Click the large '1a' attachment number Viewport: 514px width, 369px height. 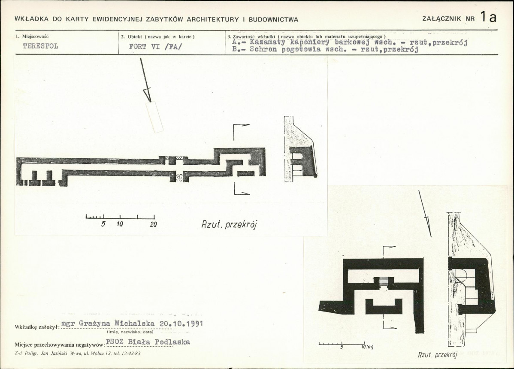(488, 17)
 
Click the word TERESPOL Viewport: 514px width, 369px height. (40, 46)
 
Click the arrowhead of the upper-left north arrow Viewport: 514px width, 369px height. (147, 94)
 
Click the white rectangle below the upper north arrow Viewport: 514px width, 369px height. (154, 117)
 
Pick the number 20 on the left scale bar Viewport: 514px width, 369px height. (154, 224)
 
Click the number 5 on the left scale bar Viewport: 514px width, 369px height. (103, 224)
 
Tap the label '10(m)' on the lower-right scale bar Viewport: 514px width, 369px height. (367, 347)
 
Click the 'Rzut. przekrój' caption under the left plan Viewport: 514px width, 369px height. (229, 224)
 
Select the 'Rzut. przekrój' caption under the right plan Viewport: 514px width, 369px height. (438, 354)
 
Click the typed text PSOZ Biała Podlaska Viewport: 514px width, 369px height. (148, 342)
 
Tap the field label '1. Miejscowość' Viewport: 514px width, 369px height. (32, 36)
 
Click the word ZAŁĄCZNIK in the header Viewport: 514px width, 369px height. (442, 19)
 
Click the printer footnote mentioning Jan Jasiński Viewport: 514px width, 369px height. (78, 354)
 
